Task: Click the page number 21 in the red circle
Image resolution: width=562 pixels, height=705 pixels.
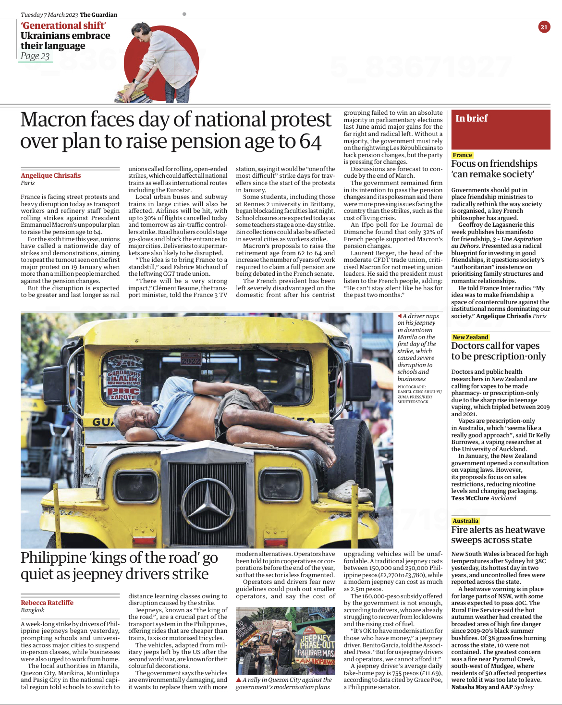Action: pos(544,27)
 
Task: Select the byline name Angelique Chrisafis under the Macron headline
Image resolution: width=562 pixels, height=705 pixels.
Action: pos(50,175)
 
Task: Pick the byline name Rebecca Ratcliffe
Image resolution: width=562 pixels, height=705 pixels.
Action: pos(47,603)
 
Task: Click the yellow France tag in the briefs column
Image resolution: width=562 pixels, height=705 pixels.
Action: pos(462,155)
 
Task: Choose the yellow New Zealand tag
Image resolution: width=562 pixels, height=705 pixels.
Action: pos(470,337)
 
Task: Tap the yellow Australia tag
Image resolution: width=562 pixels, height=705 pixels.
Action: pos(465,521)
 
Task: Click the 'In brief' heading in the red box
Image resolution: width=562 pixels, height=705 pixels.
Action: pos(471,118)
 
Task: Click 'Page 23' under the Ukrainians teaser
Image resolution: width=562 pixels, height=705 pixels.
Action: pos(35,56)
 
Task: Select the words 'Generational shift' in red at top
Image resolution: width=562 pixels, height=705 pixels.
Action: pos(63,25)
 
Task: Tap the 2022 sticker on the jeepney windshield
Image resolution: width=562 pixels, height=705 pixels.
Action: pos(191,360)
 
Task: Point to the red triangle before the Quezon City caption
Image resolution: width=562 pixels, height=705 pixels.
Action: pos(238,680)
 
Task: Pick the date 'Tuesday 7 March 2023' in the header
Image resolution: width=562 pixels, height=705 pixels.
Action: pos(49,15)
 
